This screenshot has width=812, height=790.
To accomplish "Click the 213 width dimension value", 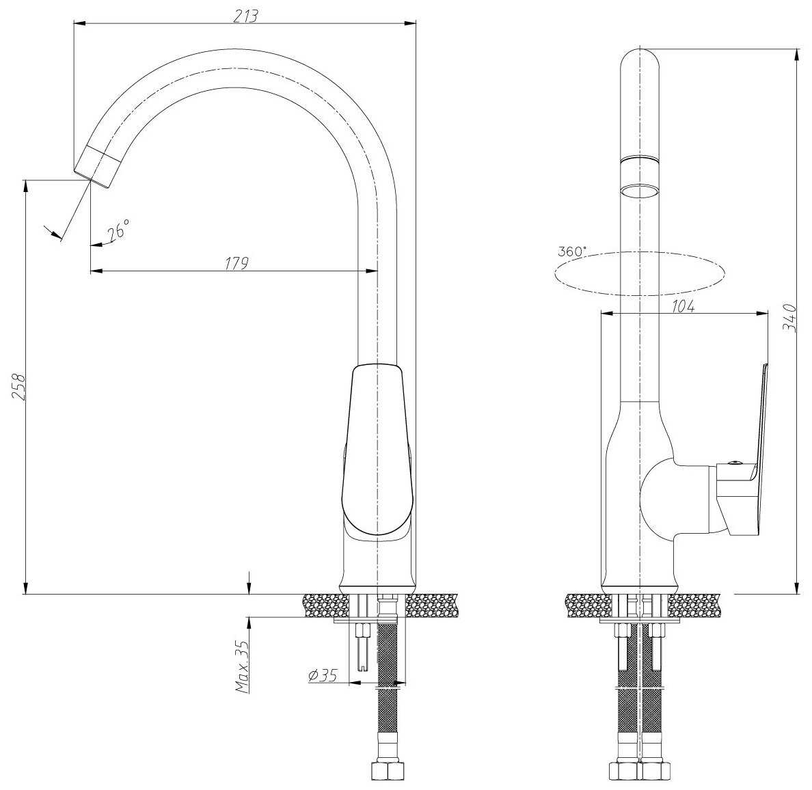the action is [245, 16].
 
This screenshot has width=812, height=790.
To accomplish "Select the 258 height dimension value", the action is [18, 386].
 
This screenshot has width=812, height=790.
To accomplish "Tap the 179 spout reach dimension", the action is [236, 262].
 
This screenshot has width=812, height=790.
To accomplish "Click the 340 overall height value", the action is [790, 318].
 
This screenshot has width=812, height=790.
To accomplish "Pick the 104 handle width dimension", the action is [683, 306].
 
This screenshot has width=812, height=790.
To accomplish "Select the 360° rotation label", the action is [572, 251].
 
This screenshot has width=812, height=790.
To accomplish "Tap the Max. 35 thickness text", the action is [243, 666].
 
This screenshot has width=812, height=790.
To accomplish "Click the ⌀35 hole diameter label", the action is [323, 675].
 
